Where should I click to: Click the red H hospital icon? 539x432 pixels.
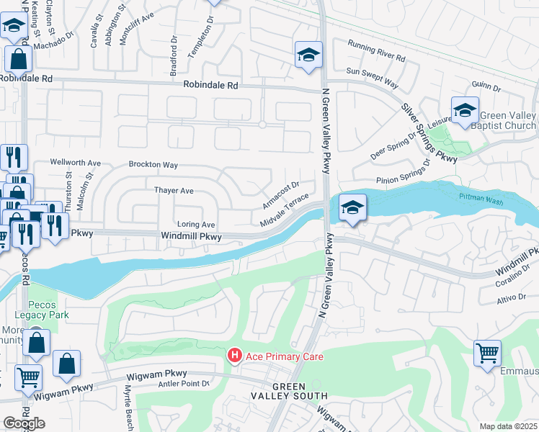(234, 356)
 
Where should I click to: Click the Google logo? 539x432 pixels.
(24, 423)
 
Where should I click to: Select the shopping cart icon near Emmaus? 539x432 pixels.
(488, 353)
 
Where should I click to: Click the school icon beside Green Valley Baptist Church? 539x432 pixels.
(465, 109)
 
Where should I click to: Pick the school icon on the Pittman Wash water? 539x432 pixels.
(352, 207)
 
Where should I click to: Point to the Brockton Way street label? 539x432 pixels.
(153, 165)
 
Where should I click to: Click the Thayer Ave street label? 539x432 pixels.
(174, 191)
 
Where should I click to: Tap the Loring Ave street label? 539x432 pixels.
(196, 225)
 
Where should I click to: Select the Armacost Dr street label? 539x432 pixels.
(280, 195)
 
